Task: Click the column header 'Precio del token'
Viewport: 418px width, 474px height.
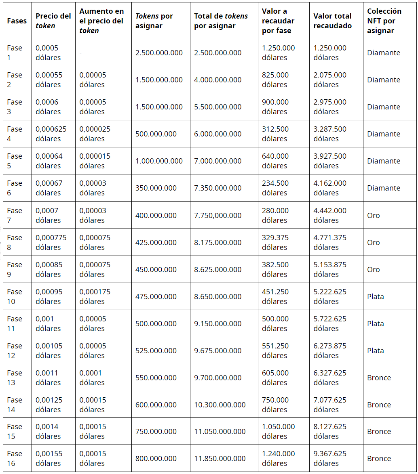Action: click(53, 21)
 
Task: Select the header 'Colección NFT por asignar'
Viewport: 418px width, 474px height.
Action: click(384, 21)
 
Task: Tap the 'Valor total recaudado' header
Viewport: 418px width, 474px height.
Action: click(332, 21)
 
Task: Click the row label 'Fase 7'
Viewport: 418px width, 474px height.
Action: click(15, 215)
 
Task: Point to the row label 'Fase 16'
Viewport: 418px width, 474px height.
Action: click(15, 458)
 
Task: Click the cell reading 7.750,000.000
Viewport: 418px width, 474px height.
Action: click(217, 216)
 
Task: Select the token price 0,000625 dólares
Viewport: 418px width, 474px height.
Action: click(51, 134)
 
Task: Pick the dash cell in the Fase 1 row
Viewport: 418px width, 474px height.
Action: click(80, 53)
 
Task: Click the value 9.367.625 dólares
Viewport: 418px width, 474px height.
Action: click(330, 458)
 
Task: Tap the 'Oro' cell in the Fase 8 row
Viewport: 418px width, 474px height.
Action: click(373, 243)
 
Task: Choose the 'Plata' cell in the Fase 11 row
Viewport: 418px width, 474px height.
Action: click(375, 324)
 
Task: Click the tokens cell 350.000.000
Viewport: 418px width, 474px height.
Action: click(156, 188)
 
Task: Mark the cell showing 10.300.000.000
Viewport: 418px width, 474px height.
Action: click(220, 405)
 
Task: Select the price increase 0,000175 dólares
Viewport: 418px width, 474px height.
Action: click(95, 296)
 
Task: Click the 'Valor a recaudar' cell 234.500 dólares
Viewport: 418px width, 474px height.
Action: click(275, 188)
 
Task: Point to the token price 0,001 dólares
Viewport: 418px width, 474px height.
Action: click(48, 323)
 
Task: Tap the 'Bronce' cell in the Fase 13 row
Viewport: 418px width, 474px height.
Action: click(379, 378)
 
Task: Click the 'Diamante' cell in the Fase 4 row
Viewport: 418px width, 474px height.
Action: click(383, 134)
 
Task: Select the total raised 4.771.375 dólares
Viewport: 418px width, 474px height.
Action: click(330, 242)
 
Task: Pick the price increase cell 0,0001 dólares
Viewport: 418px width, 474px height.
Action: click(92, 378)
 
